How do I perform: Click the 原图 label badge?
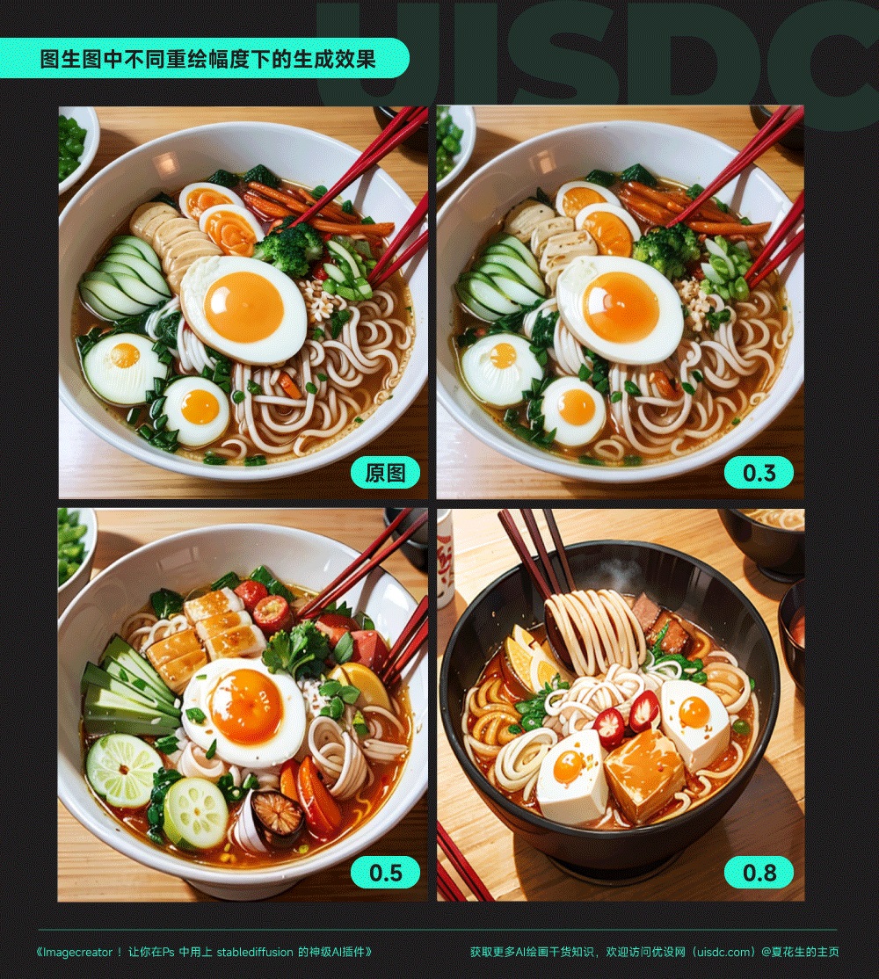tap(385, 473)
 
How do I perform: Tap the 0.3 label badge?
tap(759, 473)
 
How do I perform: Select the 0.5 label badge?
tap(385, 873)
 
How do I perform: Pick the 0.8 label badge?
tap(759, 873)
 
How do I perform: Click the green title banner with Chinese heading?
tap(207, 59)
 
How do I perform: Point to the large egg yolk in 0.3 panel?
tap(621, 308)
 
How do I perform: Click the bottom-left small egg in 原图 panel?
tap(197, 410)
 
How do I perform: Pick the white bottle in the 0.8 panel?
tap(446, 558)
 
